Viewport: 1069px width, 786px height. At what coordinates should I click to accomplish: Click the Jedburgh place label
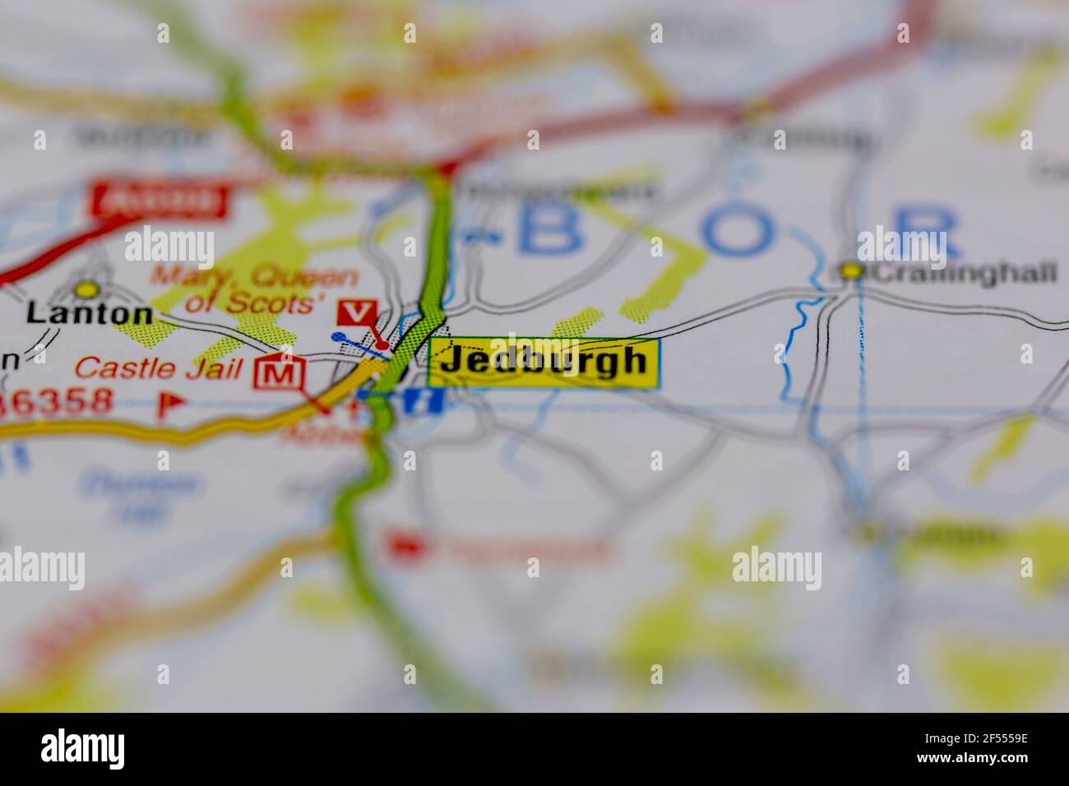click(543, 362)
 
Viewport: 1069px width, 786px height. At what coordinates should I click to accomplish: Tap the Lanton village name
click(89, 313)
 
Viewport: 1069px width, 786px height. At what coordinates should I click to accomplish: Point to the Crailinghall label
click(963, 273)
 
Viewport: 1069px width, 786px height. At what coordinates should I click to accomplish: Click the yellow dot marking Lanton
click(86, 289)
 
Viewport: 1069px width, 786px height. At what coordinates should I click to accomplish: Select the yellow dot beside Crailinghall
click(851, 270)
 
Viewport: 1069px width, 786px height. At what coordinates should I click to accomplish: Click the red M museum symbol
click(280, 375)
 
